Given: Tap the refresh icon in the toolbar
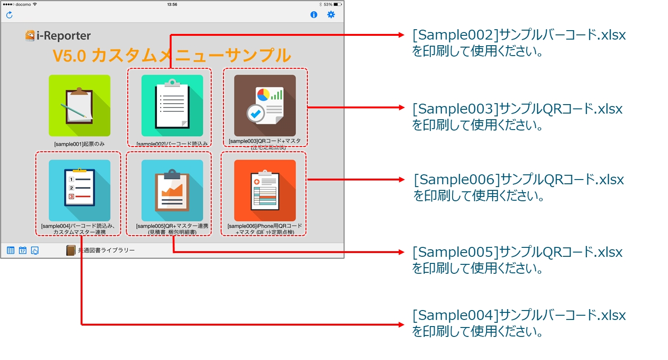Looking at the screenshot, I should pos(9,15).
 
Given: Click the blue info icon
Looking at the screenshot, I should pos(314,15).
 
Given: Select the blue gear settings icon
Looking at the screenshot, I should pos(331,15).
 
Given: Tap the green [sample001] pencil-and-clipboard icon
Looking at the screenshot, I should pos(79,106).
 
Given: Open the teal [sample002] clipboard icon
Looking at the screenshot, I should pos(172,106).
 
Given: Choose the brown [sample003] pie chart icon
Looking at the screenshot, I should pos(265,106).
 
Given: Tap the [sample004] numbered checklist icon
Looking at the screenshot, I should pos(79,190).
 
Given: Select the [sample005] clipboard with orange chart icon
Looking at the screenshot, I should pos(172,190).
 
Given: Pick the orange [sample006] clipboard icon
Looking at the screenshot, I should pos(265,190).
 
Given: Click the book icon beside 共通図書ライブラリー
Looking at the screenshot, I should pos(71,250).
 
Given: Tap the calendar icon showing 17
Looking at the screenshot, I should pos(23,250).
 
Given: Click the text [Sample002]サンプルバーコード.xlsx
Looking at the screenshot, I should pos(519,35).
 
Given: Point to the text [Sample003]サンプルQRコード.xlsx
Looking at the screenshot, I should pos(517,109).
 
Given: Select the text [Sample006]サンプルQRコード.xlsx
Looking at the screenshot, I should pos(519,180).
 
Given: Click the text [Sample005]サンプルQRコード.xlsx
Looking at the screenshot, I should pos(517,252).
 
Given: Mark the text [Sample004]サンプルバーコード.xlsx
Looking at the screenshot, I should pos(519,315).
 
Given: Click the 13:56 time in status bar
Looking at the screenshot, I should pos(172,4).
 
